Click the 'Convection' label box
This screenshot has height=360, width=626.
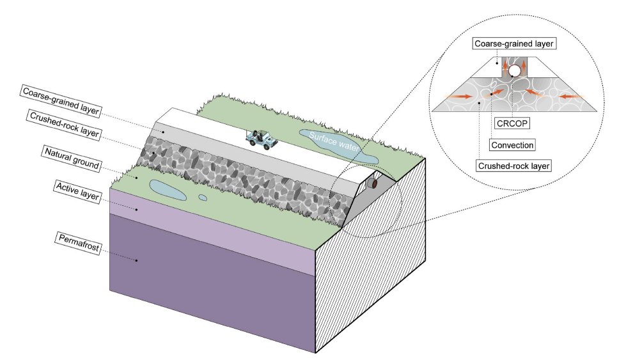512,145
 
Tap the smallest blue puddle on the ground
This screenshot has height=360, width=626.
203,197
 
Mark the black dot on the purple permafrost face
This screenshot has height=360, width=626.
137,260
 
